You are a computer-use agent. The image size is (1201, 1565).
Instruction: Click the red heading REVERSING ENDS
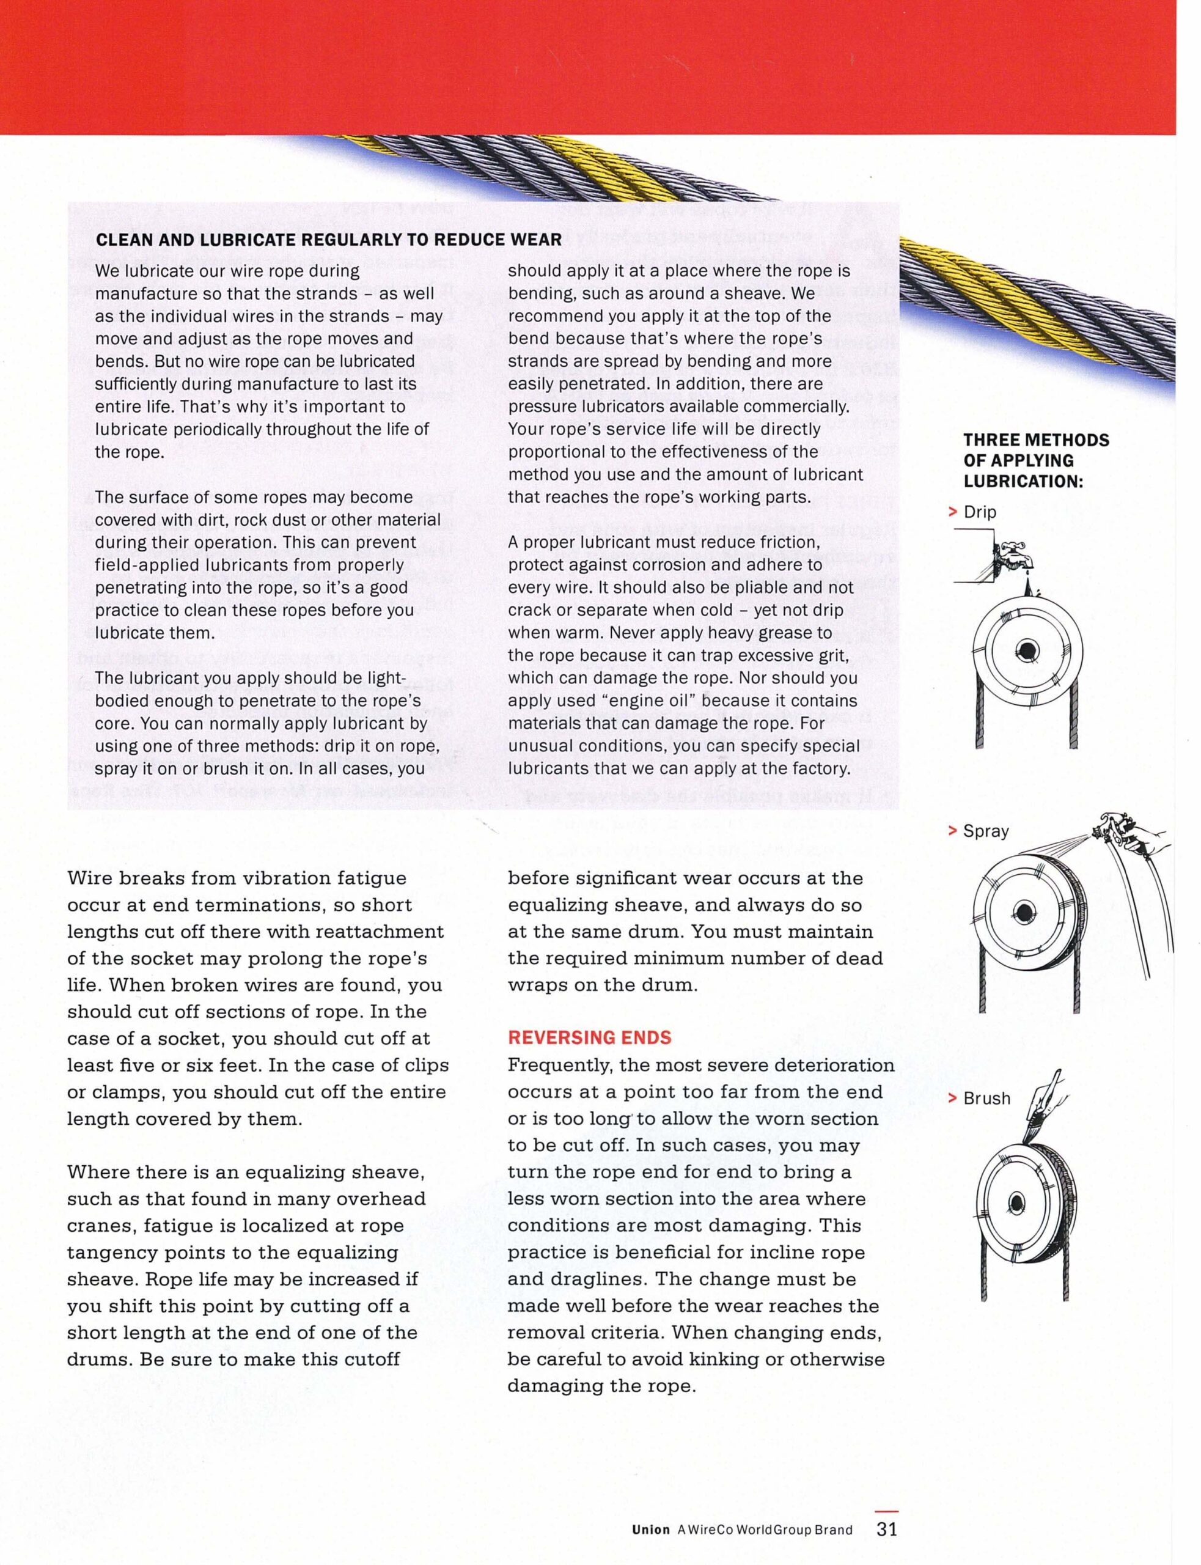point(589,1037)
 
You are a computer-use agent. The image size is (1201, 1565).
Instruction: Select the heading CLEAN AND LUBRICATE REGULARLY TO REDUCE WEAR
point(329,240)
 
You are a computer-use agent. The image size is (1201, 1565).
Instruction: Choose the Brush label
point(986,1098)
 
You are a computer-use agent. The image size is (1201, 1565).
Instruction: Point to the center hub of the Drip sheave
point(1028,649)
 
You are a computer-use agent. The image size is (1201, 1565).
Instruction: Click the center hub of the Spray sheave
point(1024,911)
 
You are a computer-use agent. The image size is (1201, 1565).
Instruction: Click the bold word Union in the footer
point(650,1530)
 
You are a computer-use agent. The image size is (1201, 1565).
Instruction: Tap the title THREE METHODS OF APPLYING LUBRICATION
point(1035,460)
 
